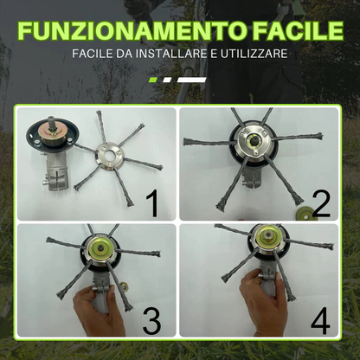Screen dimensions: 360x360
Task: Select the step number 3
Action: click(151, 321)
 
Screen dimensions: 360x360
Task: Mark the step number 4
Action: click(321, 321)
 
